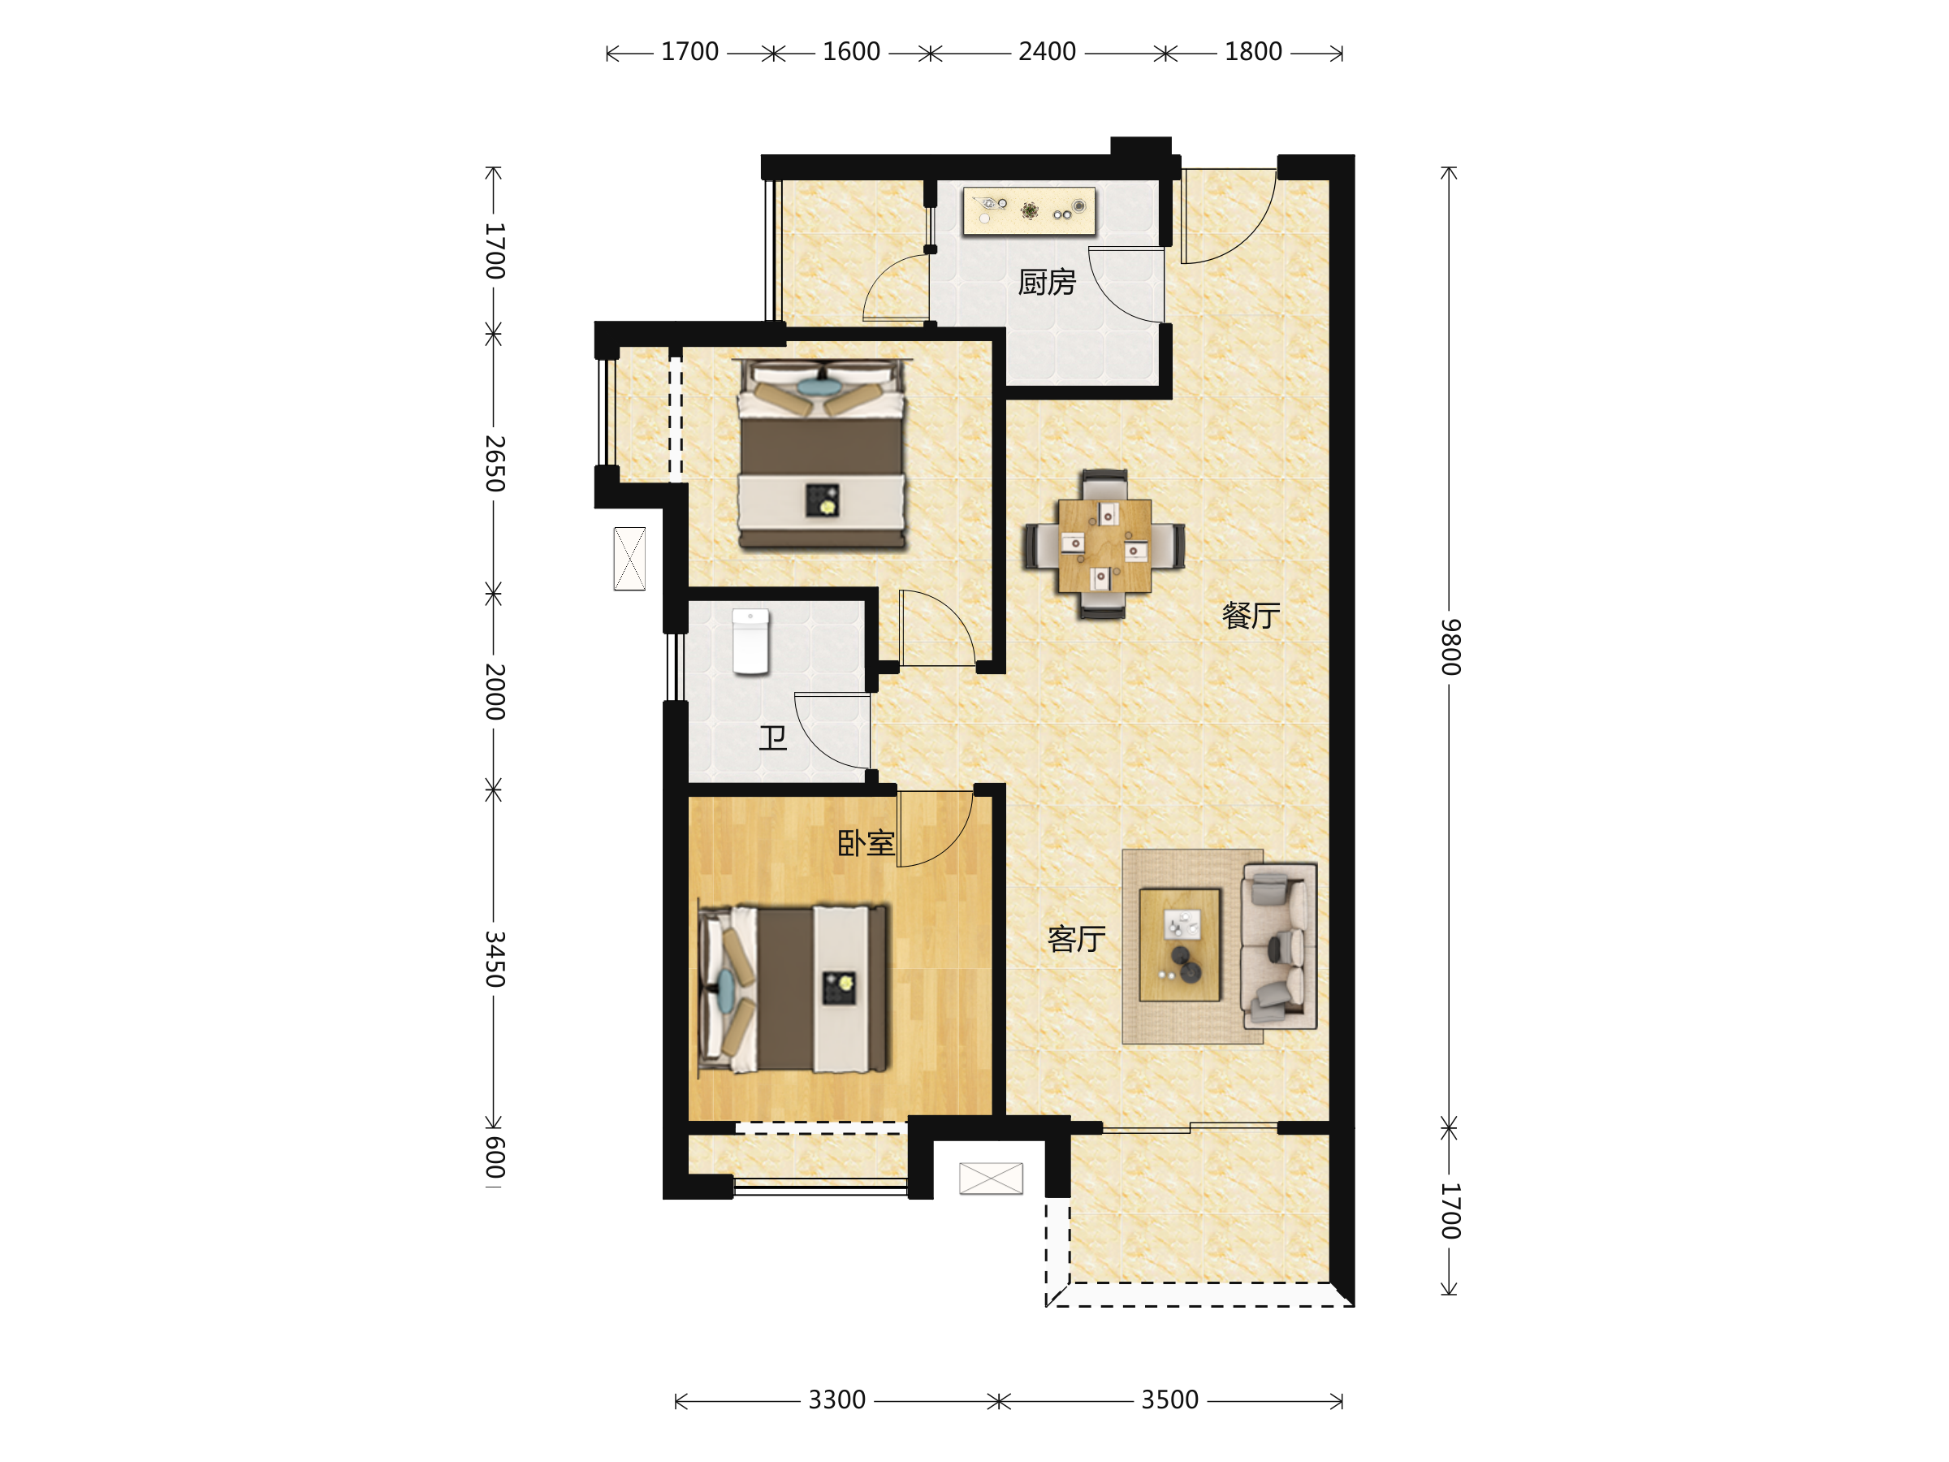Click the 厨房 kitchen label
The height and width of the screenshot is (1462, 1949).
click(x=1047, y=282)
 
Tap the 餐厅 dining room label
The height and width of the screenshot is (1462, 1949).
click(x=1251, y=615)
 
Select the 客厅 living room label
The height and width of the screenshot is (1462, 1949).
click(x=1077, y=939)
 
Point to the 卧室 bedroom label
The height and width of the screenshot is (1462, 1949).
click(x=866, y=843)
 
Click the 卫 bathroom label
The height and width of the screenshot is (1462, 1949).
click(x=773, y=737)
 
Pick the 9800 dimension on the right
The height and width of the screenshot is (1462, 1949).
click(x=1451, y=647)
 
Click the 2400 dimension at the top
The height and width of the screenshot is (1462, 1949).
click(x=1047, y=52)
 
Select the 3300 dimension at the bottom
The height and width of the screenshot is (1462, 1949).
click(x=837, y=1399)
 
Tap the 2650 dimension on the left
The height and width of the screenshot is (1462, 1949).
click(x=495, y=464)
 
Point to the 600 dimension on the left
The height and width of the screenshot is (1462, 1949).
click(x=495, y=1157)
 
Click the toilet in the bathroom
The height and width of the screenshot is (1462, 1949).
click(x=750, y=642)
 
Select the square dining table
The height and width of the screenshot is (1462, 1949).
click(x=1104, y=546)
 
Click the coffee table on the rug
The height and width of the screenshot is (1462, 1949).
click(x=1180, y=945)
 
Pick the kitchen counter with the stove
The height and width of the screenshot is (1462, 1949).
click(x=1029, y=210)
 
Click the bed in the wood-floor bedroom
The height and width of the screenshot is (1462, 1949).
click(x=793, y=989)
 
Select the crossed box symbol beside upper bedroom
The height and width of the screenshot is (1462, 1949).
click(x=629, y=559)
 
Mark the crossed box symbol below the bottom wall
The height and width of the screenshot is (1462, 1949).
click(x=992, y=1179)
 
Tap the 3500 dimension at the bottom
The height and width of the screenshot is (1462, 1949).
click(x=1170, y=1399)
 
